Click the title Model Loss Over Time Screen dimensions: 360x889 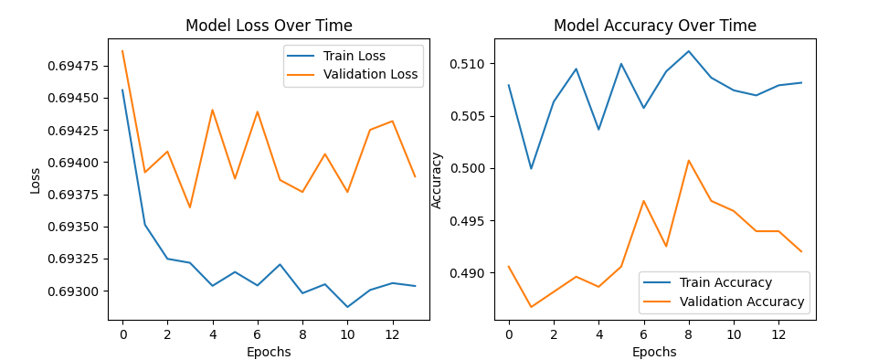(269, 26)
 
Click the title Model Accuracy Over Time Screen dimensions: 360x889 (654, 26)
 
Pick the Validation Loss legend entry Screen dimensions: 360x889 (370, 75)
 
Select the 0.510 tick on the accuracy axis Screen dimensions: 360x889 (469, 64)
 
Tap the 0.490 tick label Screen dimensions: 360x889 (469, 273)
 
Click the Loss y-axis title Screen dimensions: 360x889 (36, 179)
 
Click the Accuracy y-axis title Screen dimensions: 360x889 (437, 179)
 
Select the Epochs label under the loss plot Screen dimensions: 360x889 (269, 352)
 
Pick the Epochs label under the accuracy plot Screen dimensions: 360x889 (654, 352)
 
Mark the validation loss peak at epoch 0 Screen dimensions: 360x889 (122, 51)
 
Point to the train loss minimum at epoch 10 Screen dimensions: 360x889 (347, 307)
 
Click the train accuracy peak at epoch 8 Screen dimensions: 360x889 (689, 51)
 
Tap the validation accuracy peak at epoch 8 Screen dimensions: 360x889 (689, 161)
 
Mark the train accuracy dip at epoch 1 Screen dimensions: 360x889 (531, 168)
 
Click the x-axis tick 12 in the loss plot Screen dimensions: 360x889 (392, 334)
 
